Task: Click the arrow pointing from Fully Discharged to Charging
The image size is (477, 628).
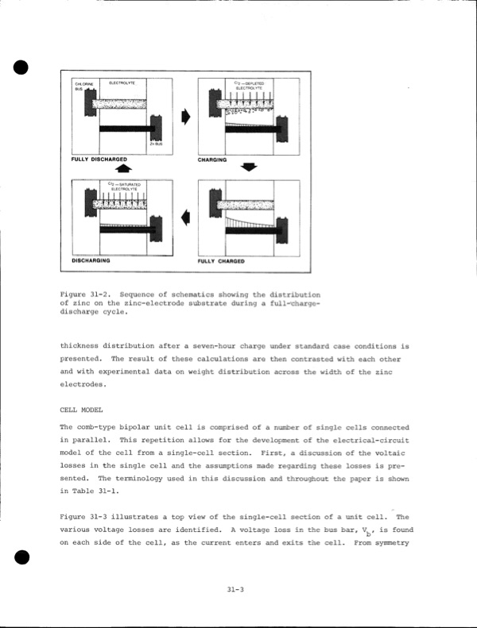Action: (x=186, y=117)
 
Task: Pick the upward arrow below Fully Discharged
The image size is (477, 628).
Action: (x=123, y=168)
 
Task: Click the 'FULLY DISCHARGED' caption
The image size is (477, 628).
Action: (x=99, y=159)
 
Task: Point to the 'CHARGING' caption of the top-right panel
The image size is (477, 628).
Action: (x=212, y=159)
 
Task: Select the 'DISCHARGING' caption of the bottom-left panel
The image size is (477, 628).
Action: (x=90, y=260)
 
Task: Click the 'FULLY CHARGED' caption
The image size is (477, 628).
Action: (x=221, y=260)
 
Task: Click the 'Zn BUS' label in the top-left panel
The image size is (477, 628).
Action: (x=156, y=144)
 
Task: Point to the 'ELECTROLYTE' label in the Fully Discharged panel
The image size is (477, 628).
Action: (x=122, y=83)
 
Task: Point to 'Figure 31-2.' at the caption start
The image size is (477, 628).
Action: (x=83, y=295)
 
